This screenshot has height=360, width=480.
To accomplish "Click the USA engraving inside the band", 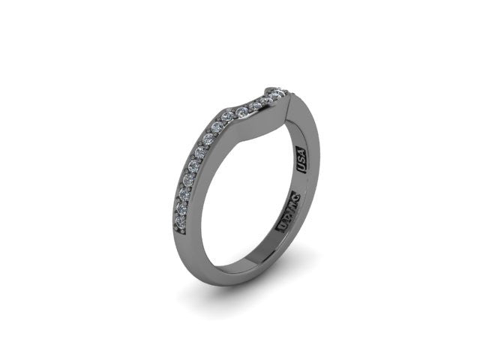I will [304, 160].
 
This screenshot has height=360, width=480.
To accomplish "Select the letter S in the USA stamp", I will [304, 160].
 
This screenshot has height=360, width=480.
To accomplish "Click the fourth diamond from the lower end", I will [187, 180].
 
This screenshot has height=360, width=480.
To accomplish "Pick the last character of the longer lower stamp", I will [295, 198].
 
